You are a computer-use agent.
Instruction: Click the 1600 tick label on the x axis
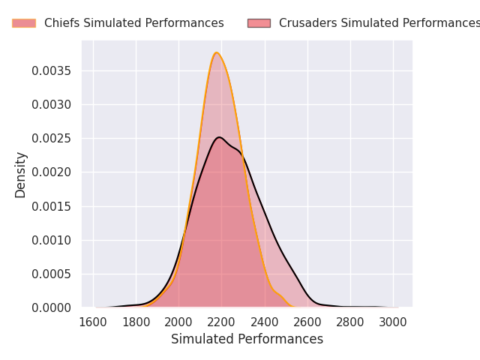[93, 322]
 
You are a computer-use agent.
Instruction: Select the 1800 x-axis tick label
[136, 322]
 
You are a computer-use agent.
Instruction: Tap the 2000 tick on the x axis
[178, 322]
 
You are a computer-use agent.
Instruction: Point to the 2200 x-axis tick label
[221, 322]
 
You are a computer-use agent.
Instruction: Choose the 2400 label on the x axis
[265, 322]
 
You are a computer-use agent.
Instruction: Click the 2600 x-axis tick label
[307, 322]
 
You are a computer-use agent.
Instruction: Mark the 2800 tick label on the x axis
[350, 322]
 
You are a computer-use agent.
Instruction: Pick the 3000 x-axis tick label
[393, 322]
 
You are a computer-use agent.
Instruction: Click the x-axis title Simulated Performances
[247, 339]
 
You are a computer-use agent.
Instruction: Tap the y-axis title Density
[21, 174]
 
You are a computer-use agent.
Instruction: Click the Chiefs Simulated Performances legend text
[133, 23]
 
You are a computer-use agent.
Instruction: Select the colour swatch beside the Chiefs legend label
[24, 23]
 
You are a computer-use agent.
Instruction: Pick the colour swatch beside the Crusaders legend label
[259, 23]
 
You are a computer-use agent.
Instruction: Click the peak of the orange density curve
[217, 52]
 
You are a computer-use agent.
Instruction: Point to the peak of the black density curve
[218, 137]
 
